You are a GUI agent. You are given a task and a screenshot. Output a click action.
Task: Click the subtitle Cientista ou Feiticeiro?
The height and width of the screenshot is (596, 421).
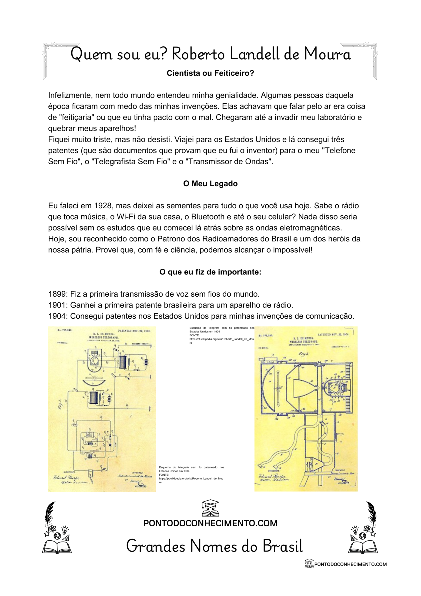(210, 73)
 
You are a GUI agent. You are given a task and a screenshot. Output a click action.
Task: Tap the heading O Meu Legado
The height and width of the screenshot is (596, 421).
(210, 183)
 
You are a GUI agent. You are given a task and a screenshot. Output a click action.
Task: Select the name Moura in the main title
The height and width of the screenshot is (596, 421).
(327, 54)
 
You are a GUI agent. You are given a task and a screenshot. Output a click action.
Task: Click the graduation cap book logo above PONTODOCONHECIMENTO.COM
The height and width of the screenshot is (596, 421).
(210, 508)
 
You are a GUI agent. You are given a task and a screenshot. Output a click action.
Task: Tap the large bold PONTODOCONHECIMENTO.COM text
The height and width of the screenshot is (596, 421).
(210, 523)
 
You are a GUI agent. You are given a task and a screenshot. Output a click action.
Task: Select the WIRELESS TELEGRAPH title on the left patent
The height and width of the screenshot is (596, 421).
(104, 337)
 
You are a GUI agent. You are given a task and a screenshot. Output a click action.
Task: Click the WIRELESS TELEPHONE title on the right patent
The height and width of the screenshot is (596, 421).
(304, 342)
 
